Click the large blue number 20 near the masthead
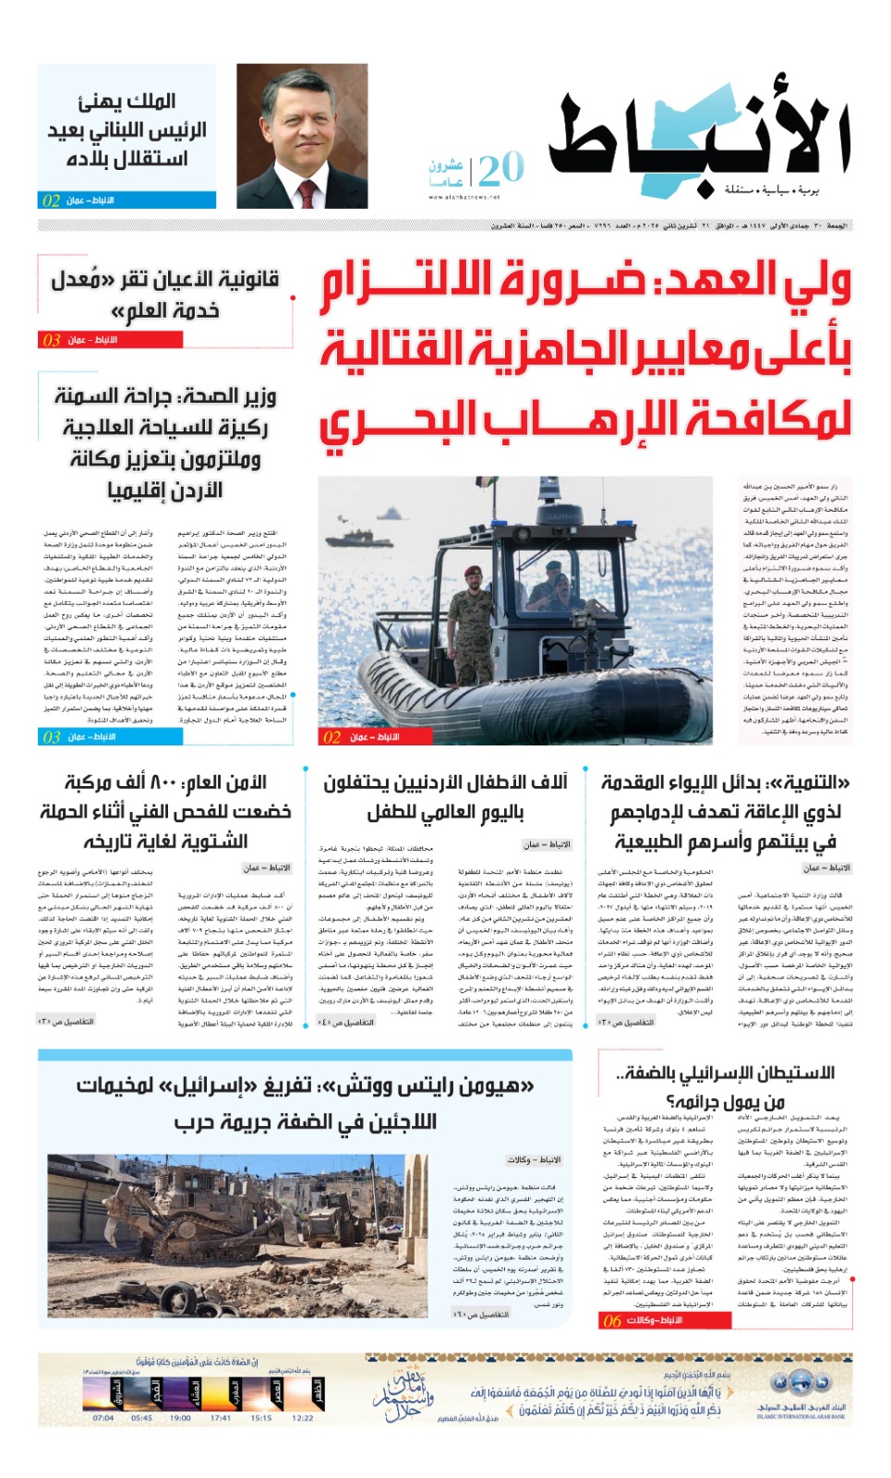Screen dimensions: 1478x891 pyautogui.click(x=501, y=168)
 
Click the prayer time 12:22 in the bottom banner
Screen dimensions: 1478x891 pyautogui.click(x=303, y=1418)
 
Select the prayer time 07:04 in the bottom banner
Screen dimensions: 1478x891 pyautogui.click(x=103, y=1418)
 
